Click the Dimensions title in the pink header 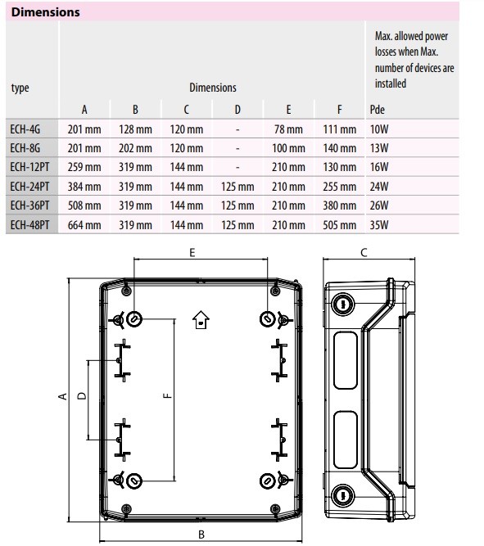[45, 12]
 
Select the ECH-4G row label [25, 129]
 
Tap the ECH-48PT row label [29, 224]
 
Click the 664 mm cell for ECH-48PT [84, 225]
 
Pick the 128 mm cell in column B [135, 129]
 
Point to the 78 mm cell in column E [288, 129]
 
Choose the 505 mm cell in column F [339, 225]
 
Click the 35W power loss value [379, 225]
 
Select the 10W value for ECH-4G [379, 129]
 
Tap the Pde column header [377, 110]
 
